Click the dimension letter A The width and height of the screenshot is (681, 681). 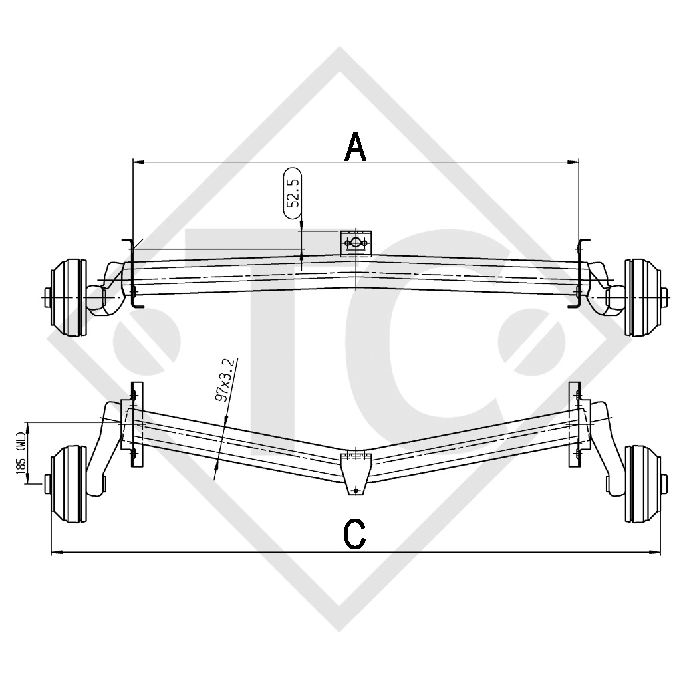pyautogui.click(x=356, y=147)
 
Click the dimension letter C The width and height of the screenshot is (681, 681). pyautogui.click(x=355, y=534)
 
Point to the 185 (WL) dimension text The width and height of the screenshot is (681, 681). pyautogui.click(x=21, y=453)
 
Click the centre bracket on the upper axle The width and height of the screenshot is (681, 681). pyautogui.click(x=356, y=243)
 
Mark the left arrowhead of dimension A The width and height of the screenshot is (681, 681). pyautogui.click(x=137, y=161)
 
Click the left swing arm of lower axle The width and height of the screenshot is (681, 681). pyautogui.click(x=102, y=452)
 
